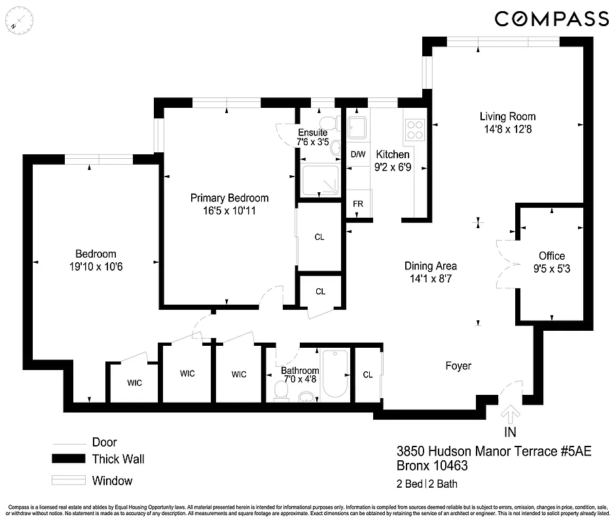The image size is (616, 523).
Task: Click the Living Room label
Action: click(x=507, y=116)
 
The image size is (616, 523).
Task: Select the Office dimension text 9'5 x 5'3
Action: click(x=551, y=267)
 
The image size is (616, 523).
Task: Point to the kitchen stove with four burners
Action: click(x=414, y=129)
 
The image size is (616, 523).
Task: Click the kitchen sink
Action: click(x=357, y=127)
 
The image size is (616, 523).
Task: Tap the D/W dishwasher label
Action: click(x=357, y=155)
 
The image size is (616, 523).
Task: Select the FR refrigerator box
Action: click(x=358, y=203)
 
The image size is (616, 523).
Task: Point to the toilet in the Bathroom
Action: click(x=281, y=390)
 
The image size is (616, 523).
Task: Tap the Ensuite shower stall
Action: click(x=320, y=180)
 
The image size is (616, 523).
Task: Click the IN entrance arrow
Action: click(x=511, y=415)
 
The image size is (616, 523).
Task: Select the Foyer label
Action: click(x=458, y=366)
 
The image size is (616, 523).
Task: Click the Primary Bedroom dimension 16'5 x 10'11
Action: click(x=229, y=211)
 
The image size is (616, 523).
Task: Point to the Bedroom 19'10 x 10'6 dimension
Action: click(x=96, y=266)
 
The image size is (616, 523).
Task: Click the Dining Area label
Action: click(x=430, y=266)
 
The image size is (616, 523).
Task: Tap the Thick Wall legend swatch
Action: click(x=69, y=459)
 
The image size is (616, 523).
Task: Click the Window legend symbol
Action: click(x=69, y=481)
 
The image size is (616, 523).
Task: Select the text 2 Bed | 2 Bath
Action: click(x=427, y=484)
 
